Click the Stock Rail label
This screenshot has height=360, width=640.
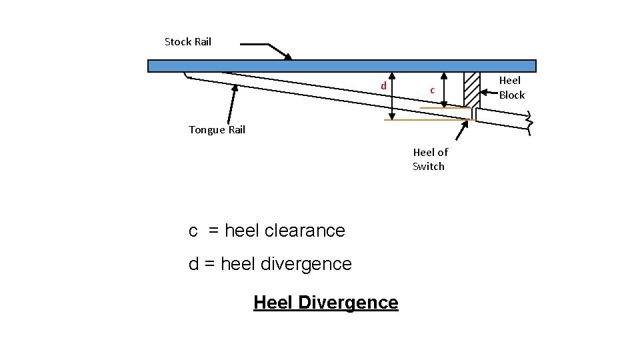click(x=187, y=42)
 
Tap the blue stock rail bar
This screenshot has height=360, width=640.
click(x=341, y=66)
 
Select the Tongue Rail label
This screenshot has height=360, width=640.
click(x=217, y=130)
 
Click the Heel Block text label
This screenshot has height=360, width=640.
click(x=511, y=88)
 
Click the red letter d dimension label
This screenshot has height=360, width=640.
click(x=383, y=86)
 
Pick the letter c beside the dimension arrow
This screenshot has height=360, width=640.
click(x=432, y=89)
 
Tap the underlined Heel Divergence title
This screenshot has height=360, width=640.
click(x=325, y=303)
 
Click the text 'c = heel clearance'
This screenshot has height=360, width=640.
click(x=267, y=231)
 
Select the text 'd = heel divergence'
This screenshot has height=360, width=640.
click(x=270, y=264)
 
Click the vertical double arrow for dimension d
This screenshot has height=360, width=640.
click(x=392, y=96)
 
